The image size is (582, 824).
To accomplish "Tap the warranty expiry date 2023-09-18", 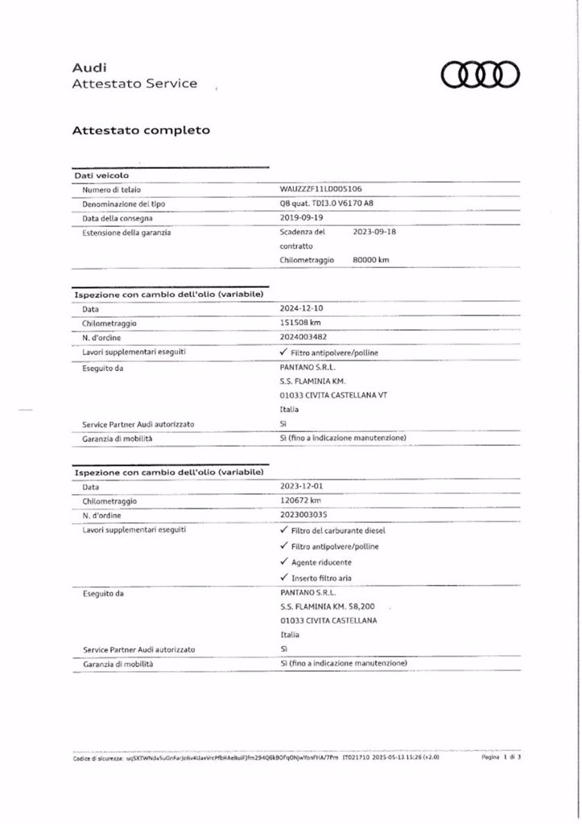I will tap(375, 232).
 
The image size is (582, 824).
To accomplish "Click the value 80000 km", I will tap(371, 260).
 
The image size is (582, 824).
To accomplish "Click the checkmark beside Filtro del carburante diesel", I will tap(284, 531).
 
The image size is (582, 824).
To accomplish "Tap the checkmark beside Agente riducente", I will tap(284, 562).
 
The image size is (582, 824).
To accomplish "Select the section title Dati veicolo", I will tap(101, 175).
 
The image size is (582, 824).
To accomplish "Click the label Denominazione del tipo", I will tap(122, 204).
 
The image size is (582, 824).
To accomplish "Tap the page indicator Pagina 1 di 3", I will tap(502, 758).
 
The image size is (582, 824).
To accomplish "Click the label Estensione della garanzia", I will tap(126, 232).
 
